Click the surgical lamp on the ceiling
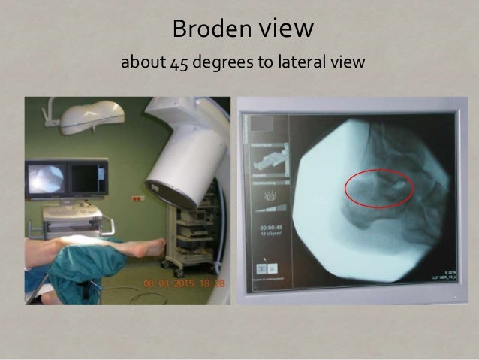[x=92, y=115]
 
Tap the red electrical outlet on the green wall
[x=137, y=198]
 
